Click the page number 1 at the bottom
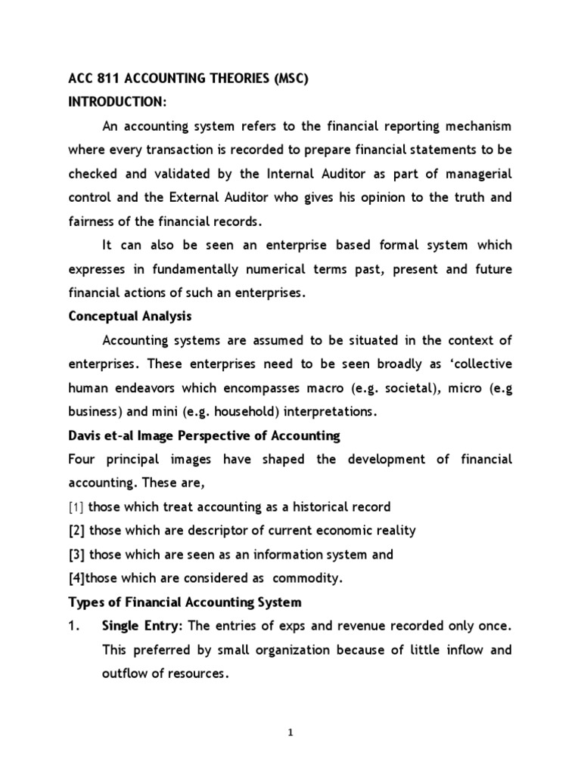[290, 730]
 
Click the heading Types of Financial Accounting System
[185, 603]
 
